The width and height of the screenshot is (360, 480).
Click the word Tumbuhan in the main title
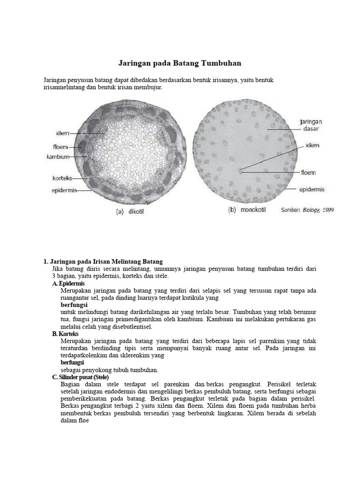[x=221, y=63]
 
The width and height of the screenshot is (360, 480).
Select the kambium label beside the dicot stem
[x=58, y=156]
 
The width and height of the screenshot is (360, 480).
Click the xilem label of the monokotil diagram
[x=312, y=146]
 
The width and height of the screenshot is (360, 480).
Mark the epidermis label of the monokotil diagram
[x=312, y=189]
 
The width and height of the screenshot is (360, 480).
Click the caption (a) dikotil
[x=133, y=211]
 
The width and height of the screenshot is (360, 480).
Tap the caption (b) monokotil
[x=247, y=210]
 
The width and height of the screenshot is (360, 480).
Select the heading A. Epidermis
[x=68, y=284]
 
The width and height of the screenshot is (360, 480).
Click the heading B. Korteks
[x=67, y=334]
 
